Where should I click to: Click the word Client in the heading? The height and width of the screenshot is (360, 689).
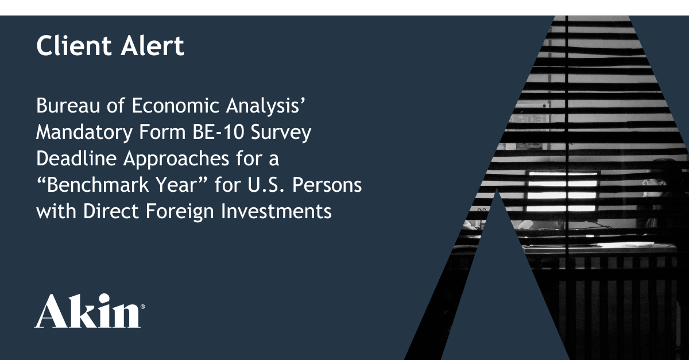click(x=74, y=45)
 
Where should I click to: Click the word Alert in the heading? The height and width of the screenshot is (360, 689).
click(x=152, y=45)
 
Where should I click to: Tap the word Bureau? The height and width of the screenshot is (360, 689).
click(x=68, y=106)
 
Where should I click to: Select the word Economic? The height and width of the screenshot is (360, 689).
click(x=175, y=106)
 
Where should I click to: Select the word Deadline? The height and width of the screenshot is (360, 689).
click(x=76, y=158)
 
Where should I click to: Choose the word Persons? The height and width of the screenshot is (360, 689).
click(x=327, y=185)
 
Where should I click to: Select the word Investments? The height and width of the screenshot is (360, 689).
click(x=276, y=211)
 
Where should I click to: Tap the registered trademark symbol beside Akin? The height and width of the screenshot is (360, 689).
click(x=142, y=307)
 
